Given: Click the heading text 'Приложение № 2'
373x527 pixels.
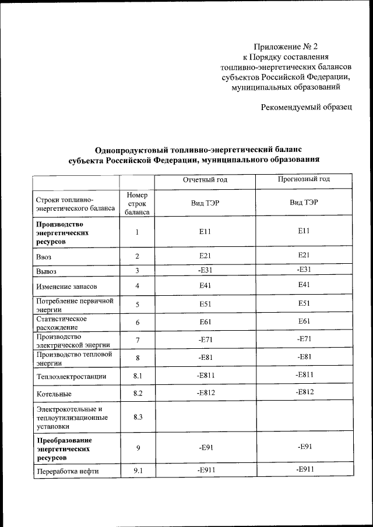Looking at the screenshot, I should coord(286,46).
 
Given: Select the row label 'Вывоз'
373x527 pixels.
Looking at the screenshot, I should coord(47,271).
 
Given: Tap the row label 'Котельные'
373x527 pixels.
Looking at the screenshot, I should coord(54,394).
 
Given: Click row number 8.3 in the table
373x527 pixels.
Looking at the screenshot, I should coord(138,418).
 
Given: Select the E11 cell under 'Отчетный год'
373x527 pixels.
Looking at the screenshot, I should coord(204,232).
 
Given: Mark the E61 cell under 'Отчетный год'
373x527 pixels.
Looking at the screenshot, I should coord(205,322).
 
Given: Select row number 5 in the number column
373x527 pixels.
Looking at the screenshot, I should coord(138,304).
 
